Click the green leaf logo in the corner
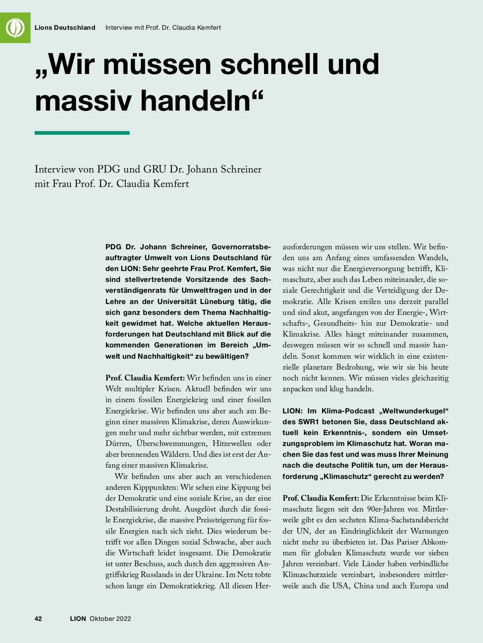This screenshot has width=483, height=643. coord(15,27)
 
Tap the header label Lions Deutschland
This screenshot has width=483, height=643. coord(65,28)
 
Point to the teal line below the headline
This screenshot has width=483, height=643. coord(82,133)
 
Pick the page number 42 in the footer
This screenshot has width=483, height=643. coord(39,618)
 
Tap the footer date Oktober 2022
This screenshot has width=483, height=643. coord(110,618)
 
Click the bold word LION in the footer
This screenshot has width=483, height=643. coord(78,618)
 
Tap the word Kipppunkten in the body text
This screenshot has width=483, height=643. coord(157,487)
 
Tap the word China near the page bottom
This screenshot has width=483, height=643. coord(364,585)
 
